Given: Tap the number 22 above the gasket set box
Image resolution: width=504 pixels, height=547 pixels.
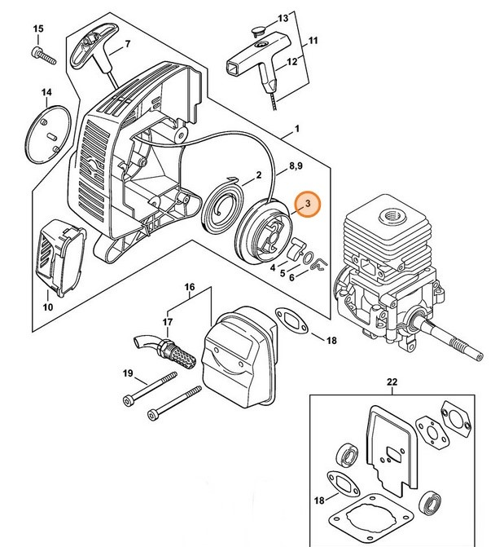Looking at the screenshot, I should (x=392, y=382).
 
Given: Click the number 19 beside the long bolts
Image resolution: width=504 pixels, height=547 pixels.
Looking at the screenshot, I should (x=128, y=373).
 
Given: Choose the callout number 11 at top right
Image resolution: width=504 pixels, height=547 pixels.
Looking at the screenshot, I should (x=313, y=40).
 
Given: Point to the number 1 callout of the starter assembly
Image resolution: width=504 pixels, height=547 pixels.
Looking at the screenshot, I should (x=296, y=129).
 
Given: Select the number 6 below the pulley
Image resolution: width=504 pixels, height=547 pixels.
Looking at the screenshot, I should (x=291, y=277).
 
